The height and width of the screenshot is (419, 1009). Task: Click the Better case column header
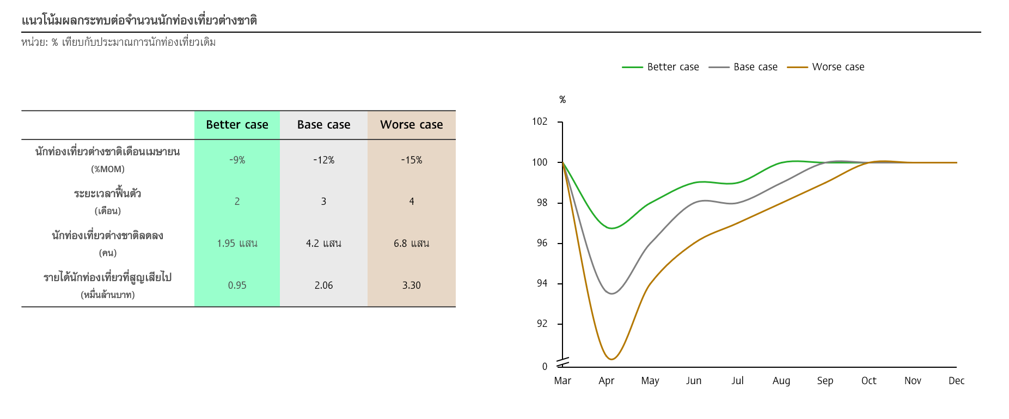coord(237,125)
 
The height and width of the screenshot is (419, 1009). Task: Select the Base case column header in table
coord(323,125)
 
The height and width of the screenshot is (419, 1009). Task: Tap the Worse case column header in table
coord(412,125)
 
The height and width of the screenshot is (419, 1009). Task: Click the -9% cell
coord(237,160)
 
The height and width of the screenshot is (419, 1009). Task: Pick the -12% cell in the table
coord(323,160)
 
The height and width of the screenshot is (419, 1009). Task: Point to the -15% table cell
coord(412,160)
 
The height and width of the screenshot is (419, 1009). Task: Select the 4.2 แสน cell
coord(323,244)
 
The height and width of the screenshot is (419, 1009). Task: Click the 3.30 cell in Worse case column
coord(412,286)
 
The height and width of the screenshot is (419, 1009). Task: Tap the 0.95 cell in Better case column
coord(237,286)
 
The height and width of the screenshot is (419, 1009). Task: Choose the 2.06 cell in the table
coord(323,286)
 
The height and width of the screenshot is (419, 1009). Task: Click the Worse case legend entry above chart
coord(825,67)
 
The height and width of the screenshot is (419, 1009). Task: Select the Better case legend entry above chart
coord(661,67)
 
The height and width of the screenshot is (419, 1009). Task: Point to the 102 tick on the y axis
coord(540,122)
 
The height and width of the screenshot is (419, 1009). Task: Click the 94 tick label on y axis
coord(542,283)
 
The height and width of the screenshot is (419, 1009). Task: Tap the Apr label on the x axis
coord(606,381)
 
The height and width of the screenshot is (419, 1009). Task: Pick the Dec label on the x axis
coord(956,381)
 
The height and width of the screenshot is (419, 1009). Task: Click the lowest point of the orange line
coord(611,359)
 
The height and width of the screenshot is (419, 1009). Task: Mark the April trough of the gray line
coord(611,294)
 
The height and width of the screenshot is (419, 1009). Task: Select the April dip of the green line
coord(611,228)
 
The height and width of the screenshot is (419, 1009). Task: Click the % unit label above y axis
coord(562,100)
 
